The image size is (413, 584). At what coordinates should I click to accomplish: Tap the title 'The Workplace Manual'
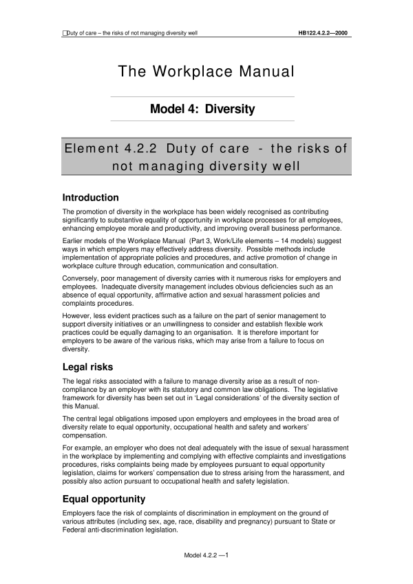[x=206, y=72]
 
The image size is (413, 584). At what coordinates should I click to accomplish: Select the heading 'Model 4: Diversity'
[x=206, y=109]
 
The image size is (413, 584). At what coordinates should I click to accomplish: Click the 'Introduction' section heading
[x=90, y=198]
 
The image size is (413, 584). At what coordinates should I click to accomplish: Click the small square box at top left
[x=64, y=32]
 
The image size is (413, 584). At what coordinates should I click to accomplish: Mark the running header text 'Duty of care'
[x=83, y=32]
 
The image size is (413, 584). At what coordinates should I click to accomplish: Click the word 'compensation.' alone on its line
[x=85, y=430]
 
